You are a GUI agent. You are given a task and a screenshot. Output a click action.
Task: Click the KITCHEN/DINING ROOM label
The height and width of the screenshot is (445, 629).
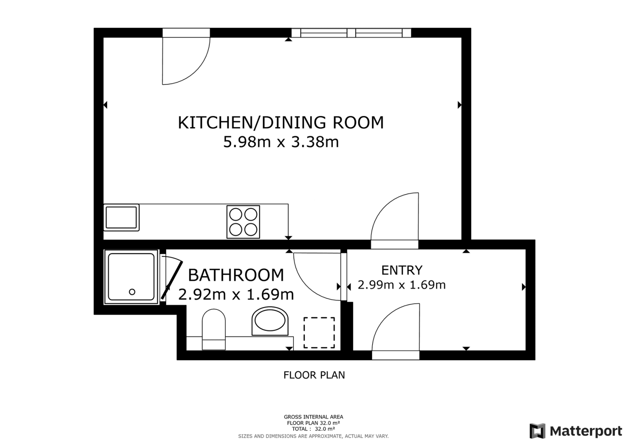281,123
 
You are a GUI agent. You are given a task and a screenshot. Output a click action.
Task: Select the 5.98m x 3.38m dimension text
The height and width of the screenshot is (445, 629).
281,142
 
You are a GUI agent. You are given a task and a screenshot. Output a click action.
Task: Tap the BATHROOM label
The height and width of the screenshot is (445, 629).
236,275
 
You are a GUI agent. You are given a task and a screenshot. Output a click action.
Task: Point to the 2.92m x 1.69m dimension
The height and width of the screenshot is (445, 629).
236,294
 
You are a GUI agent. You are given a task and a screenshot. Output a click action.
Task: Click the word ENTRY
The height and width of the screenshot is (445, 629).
402,270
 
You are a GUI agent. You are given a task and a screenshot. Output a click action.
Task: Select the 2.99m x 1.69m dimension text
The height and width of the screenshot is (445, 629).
401,285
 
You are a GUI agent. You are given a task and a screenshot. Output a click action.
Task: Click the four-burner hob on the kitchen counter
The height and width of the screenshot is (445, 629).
243,222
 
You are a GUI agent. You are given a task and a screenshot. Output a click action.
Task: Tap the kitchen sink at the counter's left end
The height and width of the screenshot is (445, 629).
121,217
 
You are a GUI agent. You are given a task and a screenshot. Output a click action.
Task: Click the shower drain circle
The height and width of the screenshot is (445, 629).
132,292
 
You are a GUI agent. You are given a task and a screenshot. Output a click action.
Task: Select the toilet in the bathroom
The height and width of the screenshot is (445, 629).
213,329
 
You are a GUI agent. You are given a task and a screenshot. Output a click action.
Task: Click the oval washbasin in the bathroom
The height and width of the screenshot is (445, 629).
270,321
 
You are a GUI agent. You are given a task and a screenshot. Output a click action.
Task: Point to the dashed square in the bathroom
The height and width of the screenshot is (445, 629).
319,333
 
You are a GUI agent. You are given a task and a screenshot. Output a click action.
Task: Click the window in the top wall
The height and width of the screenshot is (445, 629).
351,33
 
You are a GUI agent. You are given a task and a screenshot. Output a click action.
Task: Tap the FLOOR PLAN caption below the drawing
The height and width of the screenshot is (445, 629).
314,375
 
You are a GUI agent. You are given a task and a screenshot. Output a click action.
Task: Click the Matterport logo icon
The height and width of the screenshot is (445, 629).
537,431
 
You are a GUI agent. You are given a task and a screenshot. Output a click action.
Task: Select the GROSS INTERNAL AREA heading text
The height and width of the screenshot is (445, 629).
313,417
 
